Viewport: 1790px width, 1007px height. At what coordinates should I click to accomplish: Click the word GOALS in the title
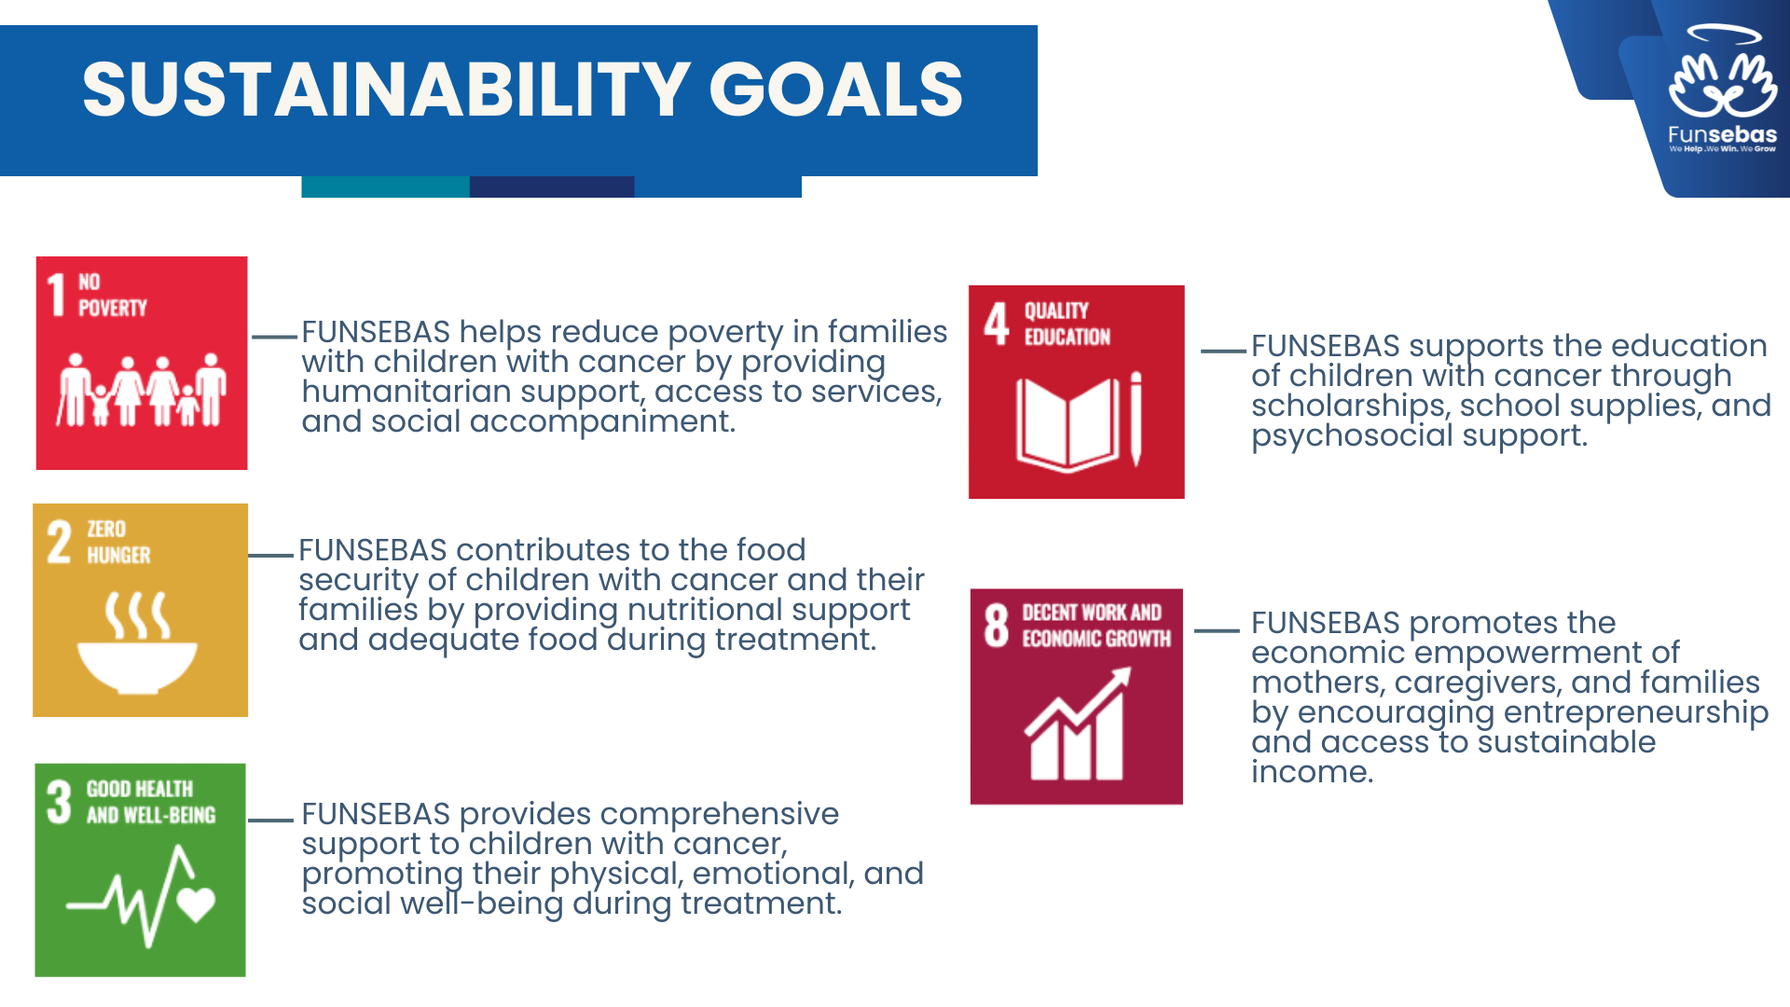836,90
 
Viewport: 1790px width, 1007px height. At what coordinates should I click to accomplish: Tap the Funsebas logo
1723,90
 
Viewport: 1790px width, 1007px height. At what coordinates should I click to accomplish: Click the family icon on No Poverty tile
142,390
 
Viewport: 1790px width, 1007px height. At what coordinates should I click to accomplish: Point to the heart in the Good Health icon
196,904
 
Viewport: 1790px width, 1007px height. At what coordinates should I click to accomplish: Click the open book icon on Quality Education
1067,423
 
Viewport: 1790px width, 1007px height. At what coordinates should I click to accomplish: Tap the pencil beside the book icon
1136,419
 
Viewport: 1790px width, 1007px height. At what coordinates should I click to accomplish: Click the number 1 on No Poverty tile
57,295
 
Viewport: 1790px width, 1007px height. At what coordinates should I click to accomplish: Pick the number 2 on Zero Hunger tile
59,542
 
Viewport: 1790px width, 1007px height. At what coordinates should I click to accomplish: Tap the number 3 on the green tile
59,802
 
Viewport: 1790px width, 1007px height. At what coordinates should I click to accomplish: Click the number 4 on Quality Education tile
997,324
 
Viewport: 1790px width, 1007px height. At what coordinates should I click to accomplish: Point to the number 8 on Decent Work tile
997,625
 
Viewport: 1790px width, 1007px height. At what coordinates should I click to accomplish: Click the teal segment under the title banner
385,186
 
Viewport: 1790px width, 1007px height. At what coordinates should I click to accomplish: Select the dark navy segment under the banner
552,186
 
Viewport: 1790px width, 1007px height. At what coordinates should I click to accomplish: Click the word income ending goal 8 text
1312,772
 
